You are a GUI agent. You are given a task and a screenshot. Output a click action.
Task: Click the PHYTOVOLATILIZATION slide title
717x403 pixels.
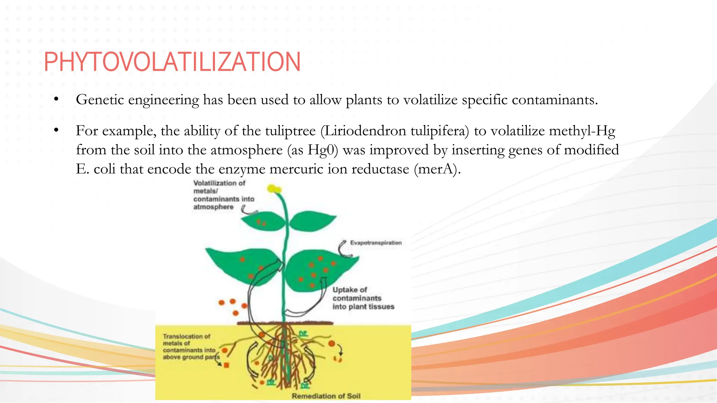172,62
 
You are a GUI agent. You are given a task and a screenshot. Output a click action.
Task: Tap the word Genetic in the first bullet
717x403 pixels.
100,100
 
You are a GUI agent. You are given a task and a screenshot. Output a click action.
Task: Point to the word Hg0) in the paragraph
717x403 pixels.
323,150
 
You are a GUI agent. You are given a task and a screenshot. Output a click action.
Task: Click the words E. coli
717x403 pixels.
96,169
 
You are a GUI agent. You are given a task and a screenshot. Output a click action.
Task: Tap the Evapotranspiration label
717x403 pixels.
376,243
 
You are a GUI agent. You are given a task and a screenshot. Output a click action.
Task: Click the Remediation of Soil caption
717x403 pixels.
326,396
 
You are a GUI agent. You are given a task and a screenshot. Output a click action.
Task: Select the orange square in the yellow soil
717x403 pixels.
227,365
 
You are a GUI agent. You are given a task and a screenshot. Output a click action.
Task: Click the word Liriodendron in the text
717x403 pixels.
364,131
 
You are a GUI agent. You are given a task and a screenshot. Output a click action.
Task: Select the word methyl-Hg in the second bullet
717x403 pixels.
582,131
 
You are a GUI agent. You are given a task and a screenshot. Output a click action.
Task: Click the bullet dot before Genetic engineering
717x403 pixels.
56,99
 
